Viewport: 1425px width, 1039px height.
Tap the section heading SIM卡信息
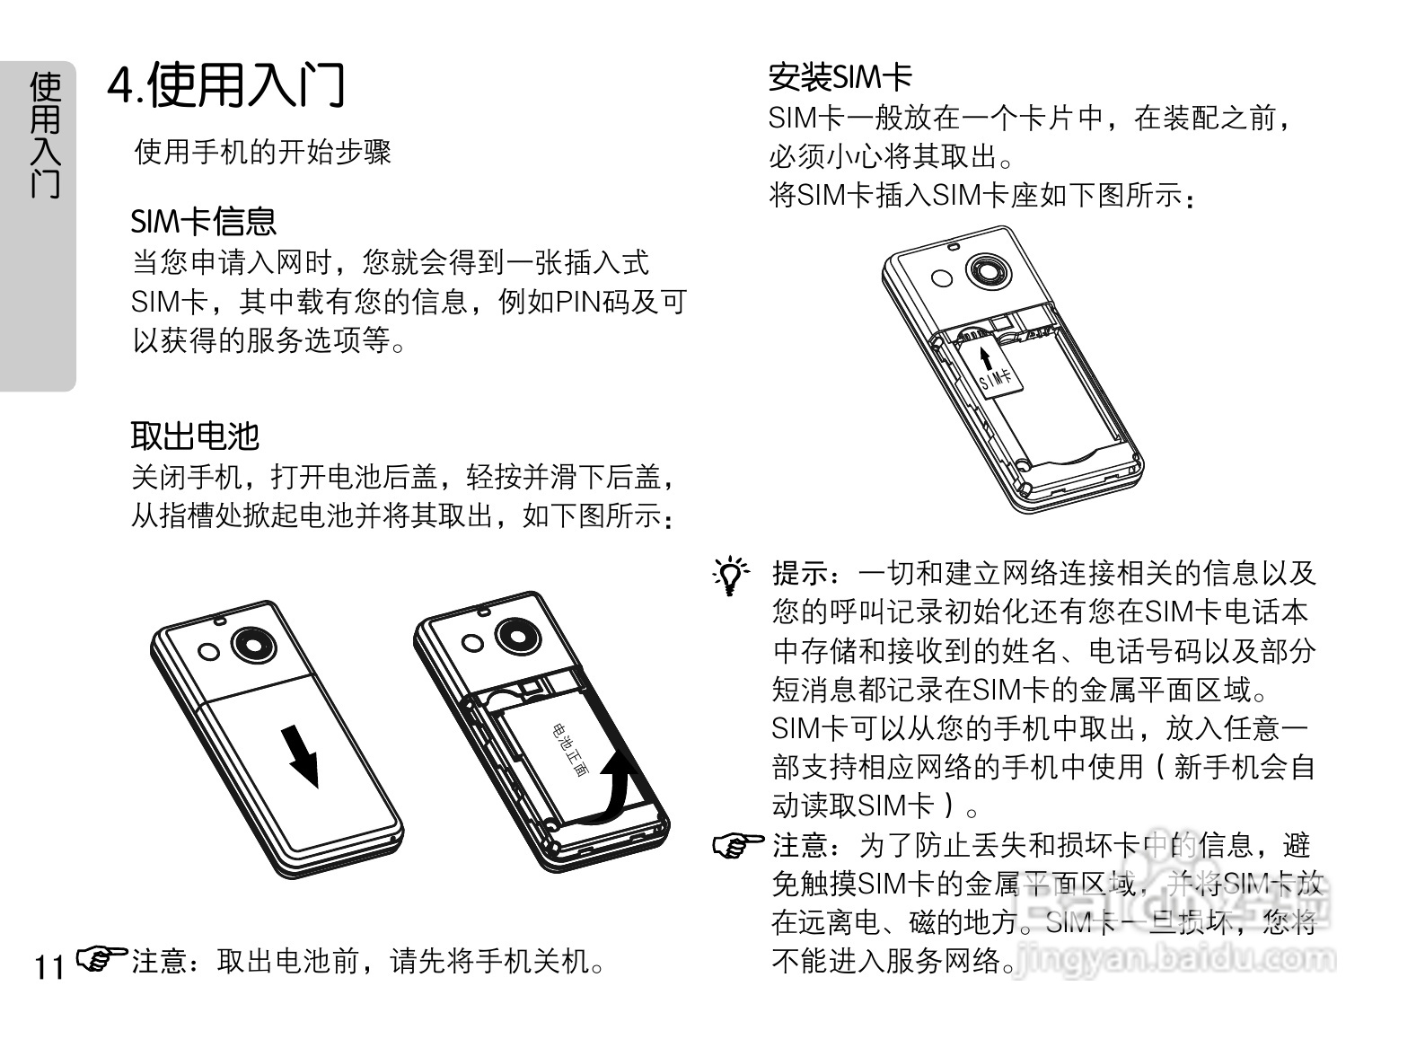coord(204,221)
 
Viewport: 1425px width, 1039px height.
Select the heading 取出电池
coord(195,436)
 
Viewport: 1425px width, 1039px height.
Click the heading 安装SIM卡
coord(840,77)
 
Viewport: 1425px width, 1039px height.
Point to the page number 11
coord(49,967)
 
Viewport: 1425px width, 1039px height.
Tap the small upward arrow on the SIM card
coord(986,358)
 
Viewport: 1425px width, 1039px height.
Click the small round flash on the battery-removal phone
coord(472,641)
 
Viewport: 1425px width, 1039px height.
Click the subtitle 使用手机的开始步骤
coord(262,153)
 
